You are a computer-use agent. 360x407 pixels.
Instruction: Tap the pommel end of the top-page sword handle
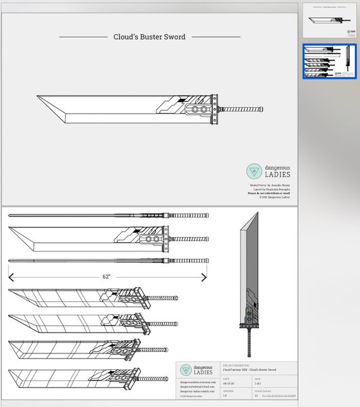tap(261, 109)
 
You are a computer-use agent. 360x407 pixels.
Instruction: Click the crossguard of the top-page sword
tap(215, 109)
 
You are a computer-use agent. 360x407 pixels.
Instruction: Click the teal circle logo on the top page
tap(254, 171)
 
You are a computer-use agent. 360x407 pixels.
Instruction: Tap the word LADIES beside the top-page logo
tap(277, 174)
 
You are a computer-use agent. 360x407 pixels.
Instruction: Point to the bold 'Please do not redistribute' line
tap(269, 193)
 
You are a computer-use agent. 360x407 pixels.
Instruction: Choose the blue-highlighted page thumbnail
tap(329, 61)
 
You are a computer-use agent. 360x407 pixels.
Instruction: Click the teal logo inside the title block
tap(186, 370)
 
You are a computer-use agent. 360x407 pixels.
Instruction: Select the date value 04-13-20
tap(229, 383)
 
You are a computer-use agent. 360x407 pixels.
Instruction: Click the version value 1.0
tap(225, 396)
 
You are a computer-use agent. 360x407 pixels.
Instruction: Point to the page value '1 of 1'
tap(258, 383)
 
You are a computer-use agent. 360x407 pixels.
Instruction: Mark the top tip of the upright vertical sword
tap(257, 213)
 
